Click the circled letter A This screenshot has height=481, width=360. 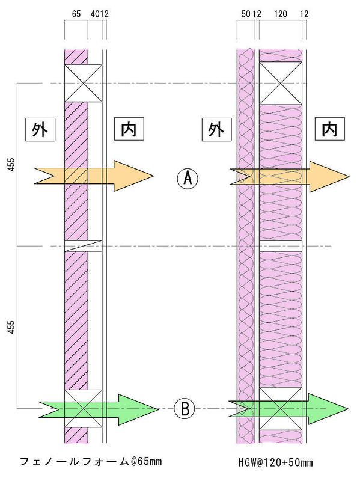click(x=188, y=179)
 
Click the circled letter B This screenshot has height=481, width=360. click(x=185, y=409)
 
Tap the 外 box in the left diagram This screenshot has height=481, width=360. click(x=40, y=129)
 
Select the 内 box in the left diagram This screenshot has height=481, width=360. click(x=129, y=129)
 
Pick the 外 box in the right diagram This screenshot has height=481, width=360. click(x=216, y=129)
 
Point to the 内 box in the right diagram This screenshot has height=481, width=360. click(x=329, y=129)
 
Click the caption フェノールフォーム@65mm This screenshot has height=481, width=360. click(x=91, y=461)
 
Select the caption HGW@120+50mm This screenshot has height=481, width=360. click(x=275, y=462)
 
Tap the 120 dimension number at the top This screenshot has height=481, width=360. click(x=281, y=14)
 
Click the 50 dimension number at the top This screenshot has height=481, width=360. click(x=246, y=14)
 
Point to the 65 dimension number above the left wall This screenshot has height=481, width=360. click(x=76, y=14)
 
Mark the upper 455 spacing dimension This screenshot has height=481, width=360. click(x=11, y=164)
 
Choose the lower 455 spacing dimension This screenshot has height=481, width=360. click(x=11, y=327)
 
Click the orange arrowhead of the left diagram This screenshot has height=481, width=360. click(x=133, y=176)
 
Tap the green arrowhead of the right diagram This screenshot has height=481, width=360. click(x=328, y=409)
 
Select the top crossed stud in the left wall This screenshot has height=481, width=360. click(x=83, y=83)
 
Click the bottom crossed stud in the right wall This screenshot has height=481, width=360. click(x=281, y=409)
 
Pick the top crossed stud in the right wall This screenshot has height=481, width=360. click(x=281, y=83)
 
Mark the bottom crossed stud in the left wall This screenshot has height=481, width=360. click(x=83, y=408)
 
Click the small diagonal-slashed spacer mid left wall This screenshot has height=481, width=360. click(x=83, y=246)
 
